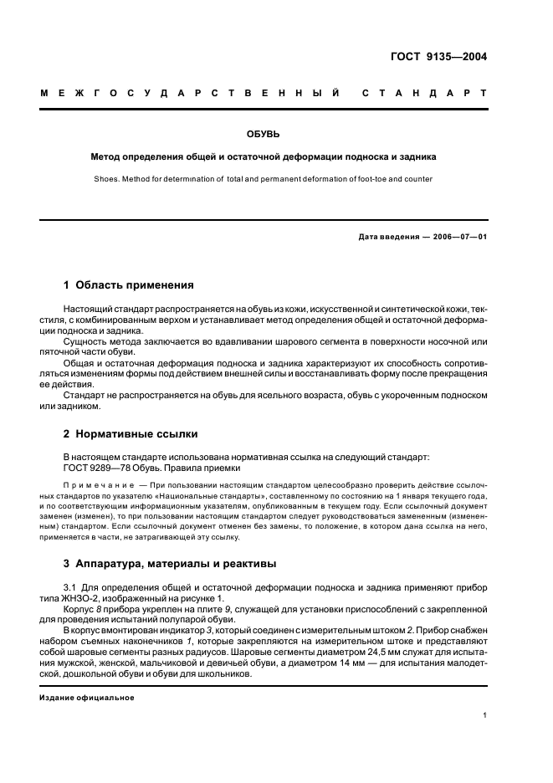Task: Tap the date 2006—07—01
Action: pyautogui.click(x=459, y=236)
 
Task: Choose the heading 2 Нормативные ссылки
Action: pyautogui.click(x=131, y=434)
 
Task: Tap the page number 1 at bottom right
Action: pyautogui.click(x=485, y=715)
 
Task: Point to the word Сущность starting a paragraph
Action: pyautogui.click(x=87, y=343)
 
